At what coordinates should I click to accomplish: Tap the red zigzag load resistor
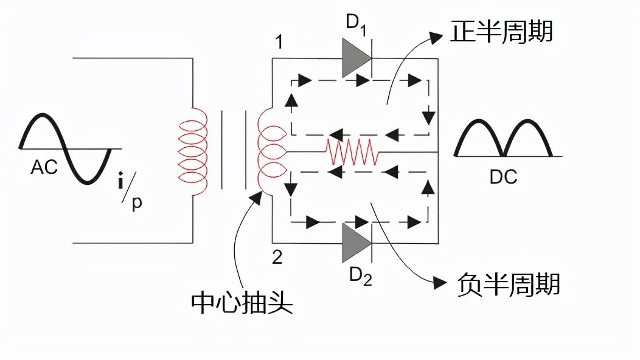tap(352, 151)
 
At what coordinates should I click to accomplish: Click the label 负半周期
tap(508, 284)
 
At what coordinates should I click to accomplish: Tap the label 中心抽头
tap(242, 302)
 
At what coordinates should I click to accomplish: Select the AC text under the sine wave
tap(44, 167)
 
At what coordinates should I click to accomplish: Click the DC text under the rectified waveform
tap(503, 177)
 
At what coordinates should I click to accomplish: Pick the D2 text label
tap(358, 277)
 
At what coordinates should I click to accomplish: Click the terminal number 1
tap(278, 43)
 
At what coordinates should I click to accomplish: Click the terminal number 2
tap(277, 257)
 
